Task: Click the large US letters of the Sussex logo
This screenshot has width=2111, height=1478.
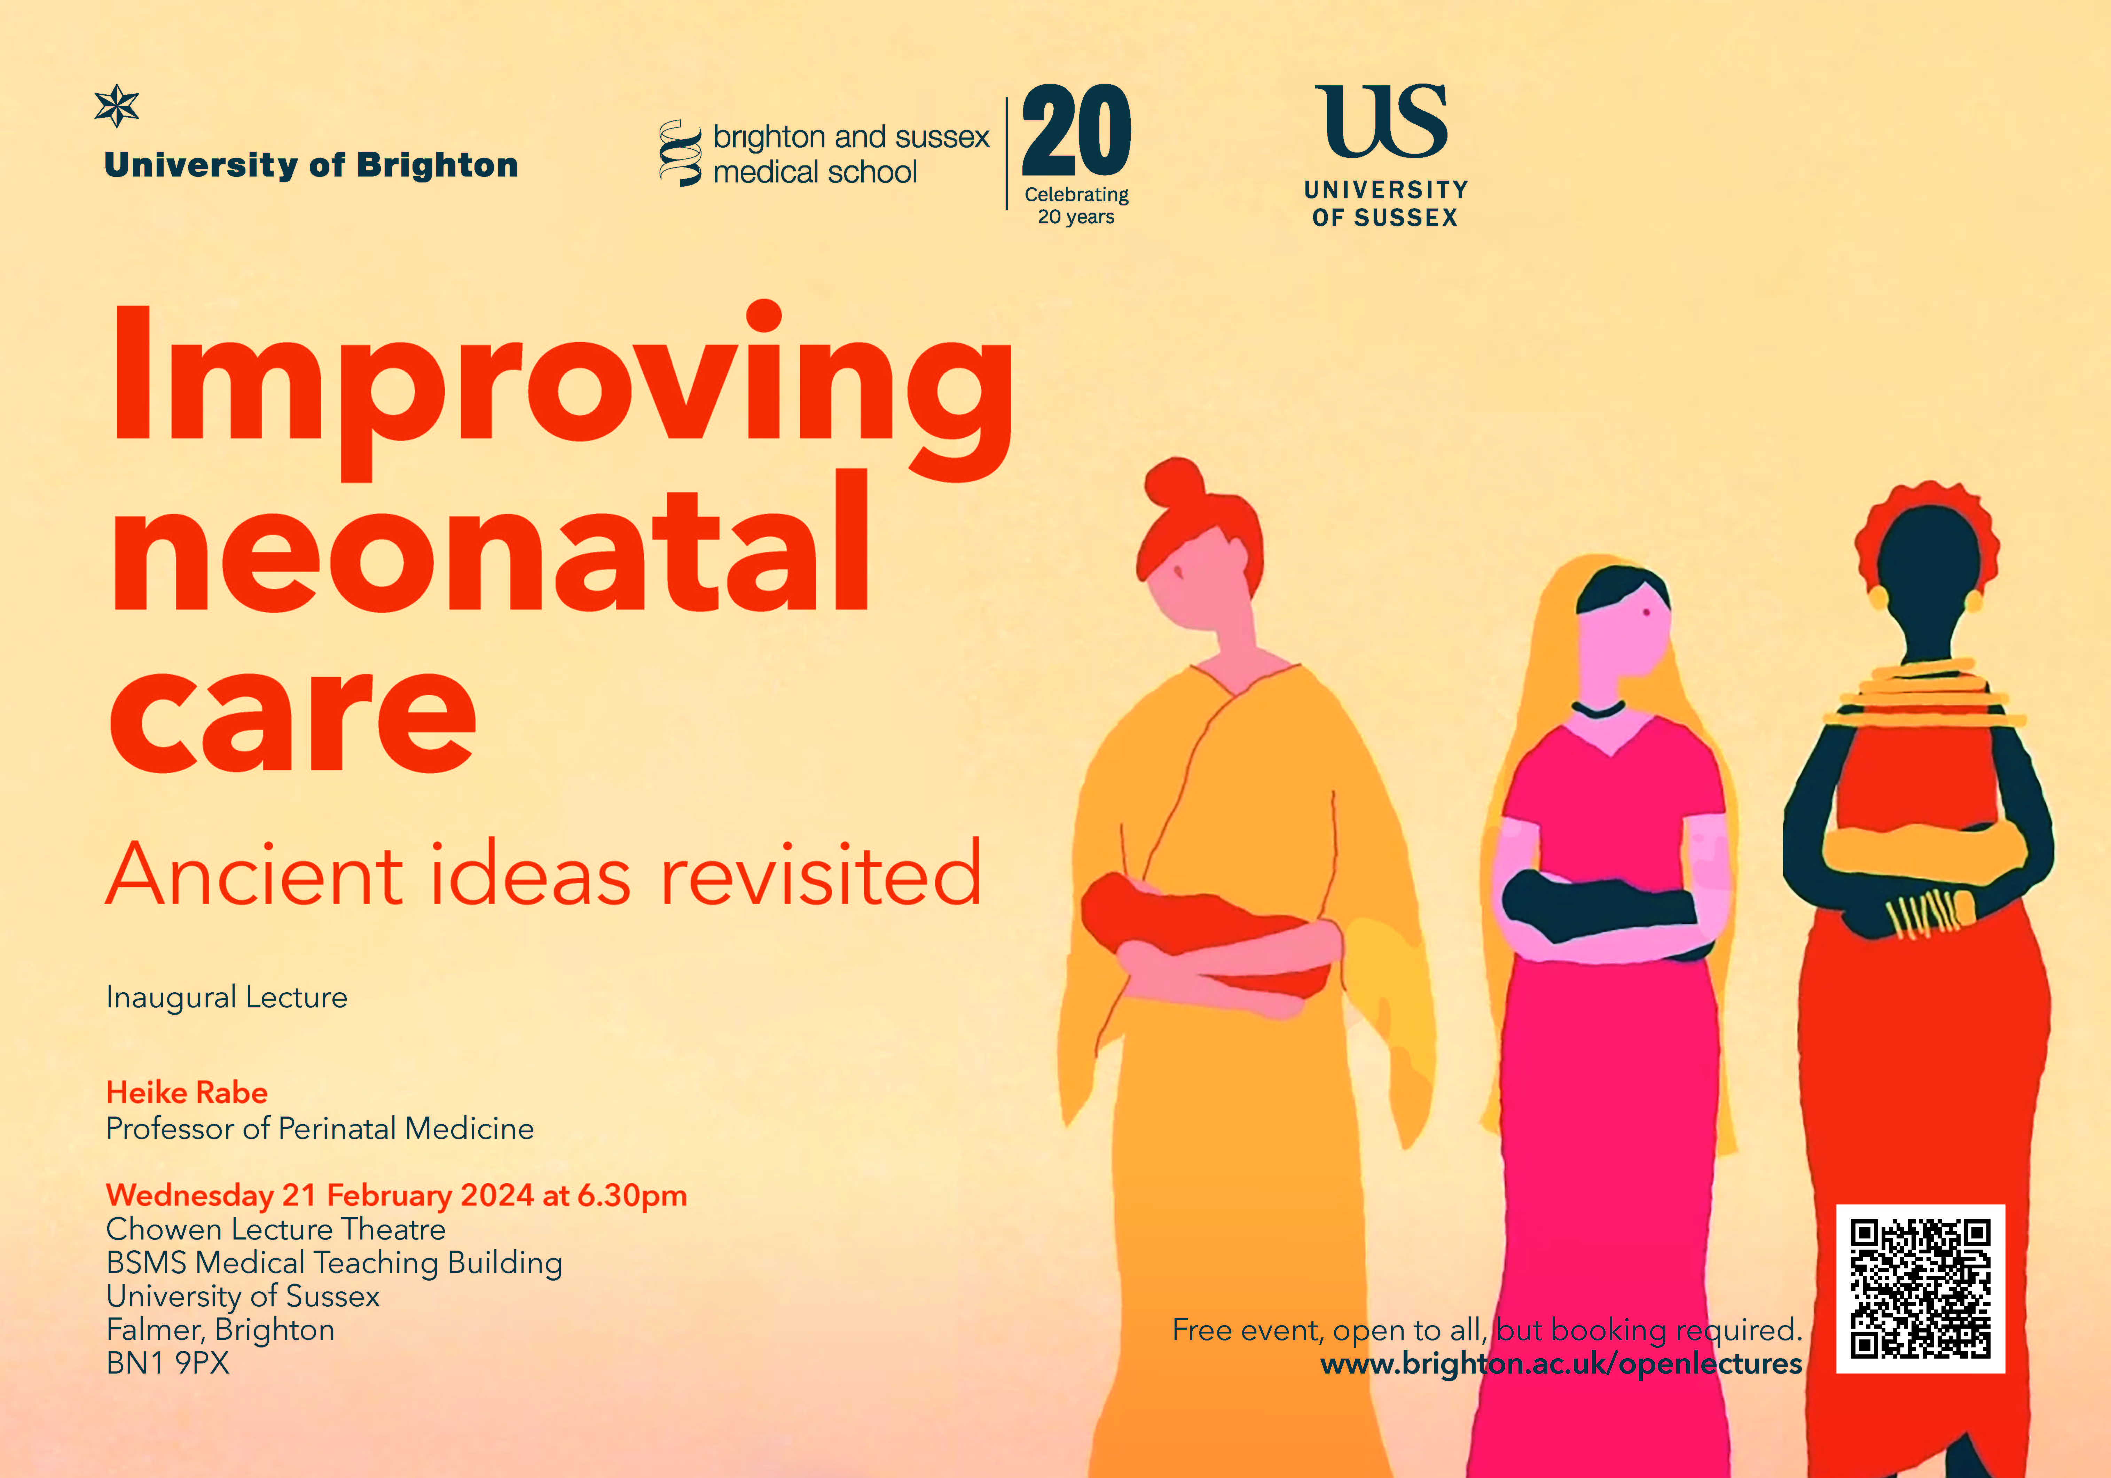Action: [x=1382, y=122]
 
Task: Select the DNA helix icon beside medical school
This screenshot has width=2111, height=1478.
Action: [x=680, y=153]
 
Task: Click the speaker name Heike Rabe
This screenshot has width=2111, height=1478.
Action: [x=187, y=1093]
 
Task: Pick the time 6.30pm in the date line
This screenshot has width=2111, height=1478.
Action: [x=631, y=1196]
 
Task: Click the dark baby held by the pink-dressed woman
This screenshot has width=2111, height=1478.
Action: [x=1600, y=910]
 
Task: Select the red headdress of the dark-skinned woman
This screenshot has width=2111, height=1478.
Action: [x=1926, y=533]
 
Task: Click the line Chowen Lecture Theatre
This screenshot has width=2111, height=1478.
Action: [x=276, y=1230]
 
